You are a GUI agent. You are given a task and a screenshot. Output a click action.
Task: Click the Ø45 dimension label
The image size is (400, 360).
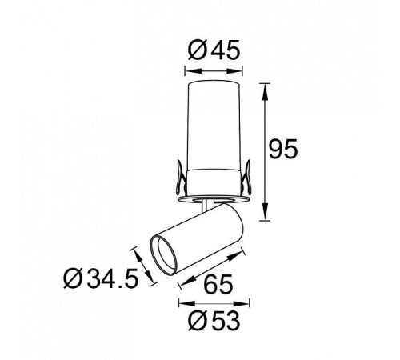tap(214, 50)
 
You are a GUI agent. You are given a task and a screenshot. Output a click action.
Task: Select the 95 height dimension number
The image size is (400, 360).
tap(282, 149)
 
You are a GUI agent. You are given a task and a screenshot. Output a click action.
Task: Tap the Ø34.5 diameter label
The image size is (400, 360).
tap(101, 278)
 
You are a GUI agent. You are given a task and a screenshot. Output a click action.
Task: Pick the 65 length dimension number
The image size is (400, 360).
tap(218, 284)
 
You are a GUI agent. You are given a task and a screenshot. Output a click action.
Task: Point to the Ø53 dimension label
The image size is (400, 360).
tap(214, 321)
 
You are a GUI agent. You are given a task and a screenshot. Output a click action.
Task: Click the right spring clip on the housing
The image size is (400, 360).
tap(247, 177)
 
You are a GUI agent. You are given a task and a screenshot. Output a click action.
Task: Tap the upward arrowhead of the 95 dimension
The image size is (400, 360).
tap(265, 93)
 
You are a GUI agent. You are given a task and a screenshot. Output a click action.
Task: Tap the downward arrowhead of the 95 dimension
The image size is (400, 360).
tap(265, 211)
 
